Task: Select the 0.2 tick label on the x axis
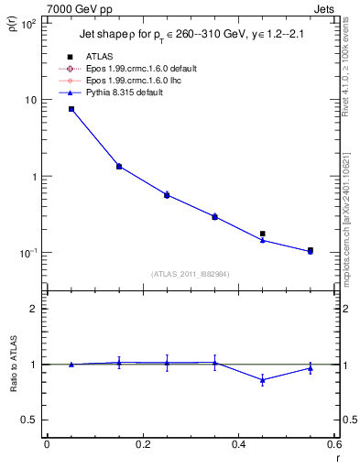(x=143, y=444)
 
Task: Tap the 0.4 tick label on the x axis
(x=238, y=444)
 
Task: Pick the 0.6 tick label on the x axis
(x=334, y=444)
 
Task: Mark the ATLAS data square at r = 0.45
(x=263, y=234)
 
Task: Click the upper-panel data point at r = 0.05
(x=71, y=109)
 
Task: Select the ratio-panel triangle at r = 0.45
(x=263, y=379)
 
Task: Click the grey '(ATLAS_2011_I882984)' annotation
(x=191, y=273)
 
